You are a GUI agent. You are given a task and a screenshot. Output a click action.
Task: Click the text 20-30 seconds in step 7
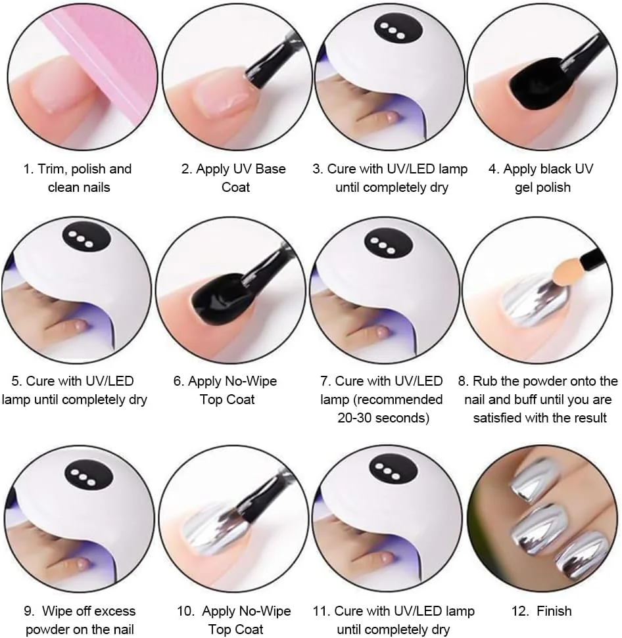coord(383,418)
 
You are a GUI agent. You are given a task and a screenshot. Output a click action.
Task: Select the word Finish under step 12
coord(554,611)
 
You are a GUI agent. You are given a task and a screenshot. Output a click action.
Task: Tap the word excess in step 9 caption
coord(114,611)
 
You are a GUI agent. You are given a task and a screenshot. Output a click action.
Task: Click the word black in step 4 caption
coord(560,169)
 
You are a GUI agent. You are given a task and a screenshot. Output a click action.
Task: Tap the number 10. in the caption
coord(186,611)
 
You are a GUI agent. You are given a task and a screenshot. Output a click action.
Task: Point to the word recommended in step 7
coord(398,399)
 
